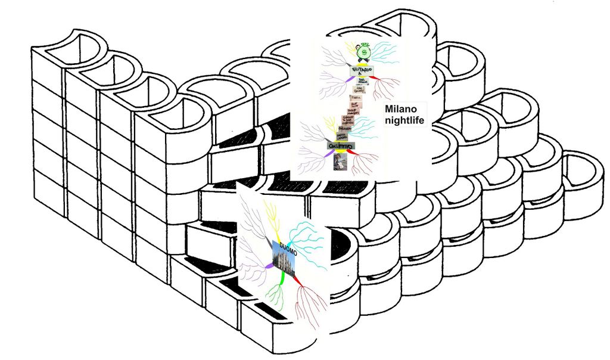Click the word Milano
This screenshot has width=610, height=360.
pyautogui.click(x=402, y=110)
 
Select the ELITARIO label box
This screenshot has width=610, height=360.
pyautogui.click(x=361, y=73)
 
